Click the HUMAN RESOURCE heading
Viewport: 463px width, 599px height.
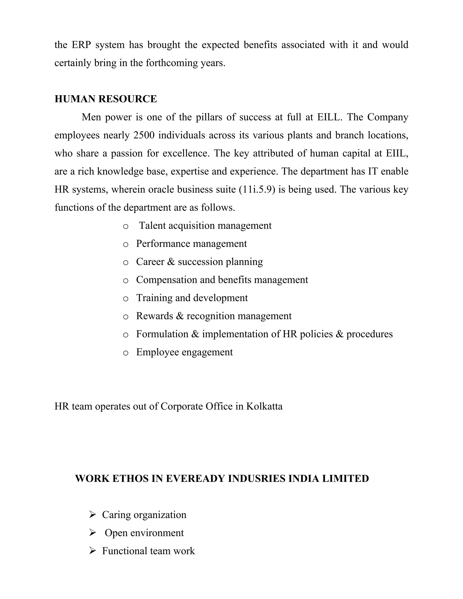point(106,99)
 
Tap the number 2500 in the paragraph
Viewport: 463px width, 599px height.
point(142,135)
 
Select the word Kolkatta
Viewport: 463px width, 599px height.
point(264,406)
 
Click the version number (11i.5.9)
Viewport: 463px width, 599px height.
point(257,189)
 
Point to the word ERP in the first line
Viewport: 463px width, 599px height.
point(81,45)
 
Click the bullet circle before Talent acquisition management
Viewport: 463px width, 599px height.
point(126,226)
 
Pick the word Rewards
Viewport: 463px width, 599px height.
point(154,316)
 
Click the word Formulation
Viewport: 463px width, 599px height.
point(162,334)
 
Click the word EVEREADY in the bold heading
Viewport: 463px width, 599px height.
point(195,479)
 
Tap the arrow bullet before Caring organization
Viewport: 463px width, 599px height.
point(92,514)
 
